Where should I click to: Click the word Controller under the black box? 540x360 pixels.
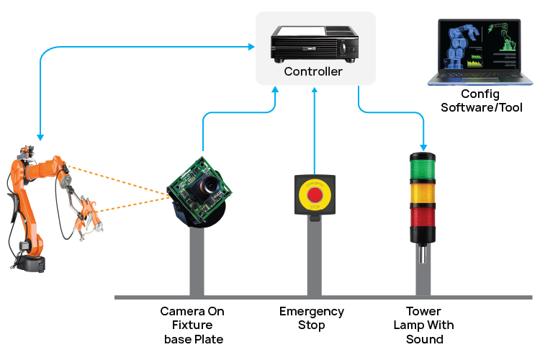tap(313, 71)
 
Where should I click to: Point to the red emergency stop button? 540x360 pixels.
tap(315, 194)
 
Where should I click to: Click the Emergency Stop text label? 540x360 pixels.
tap(312, 318)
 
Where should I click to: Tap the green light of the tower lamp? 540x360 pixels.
tap(423, 168)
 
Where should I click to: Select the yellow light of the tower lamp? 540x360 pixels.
tap(423, 195)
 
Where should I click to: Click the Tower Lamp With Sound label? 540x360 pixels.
tap(423, 325)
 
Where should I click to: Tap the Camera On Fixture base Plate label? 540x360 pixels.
tap(192, 325)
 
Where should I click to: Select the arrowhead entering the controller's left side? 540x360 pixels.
tap(253, 48)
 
